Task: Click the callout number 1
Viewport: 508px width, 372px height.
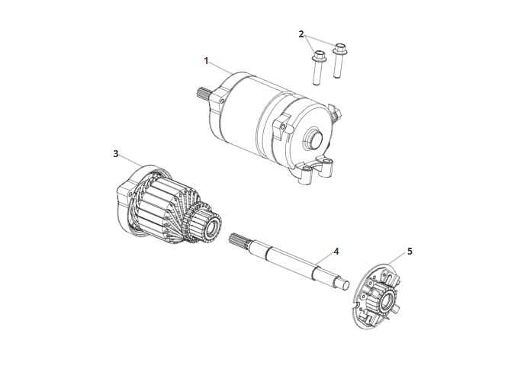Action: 206,60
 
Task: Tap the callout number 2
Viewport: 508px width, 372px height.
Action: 301,34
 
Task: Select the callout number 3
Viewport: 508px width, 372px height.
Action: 116,153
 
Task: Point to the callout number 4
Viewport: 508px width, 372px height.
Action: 336,252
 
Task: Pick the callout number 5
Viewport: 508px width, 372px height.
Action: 410,252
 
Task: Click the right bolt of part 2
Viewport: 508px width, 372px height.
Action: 339,60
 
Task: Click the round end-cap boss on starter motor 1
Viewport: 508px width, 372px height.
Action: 313,136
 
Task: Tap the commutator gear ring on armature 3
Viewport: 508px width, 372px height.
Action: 190,221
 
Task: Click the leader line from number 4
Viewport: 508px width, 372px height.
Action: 324,260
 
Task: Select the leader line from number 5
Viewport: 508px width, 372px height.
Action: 397,259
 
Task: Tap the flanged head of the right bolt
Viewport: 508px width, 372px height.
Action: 339,49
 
